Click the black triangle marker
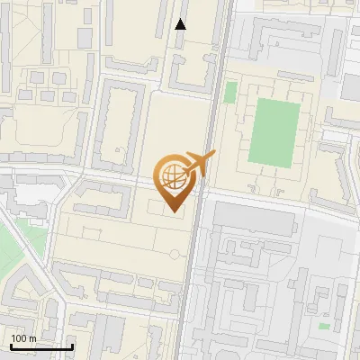coord(181,24)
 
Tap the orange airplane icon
coord(200,163)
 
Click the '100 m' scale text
coord(23,338)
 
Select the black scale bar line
coord(41,346)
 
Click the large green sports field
coord(274,132)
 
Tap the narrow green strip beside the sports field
coord(230,93)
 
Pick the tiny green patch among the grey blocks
coord(323,325)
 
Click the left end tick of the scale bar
coord(10,346)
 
